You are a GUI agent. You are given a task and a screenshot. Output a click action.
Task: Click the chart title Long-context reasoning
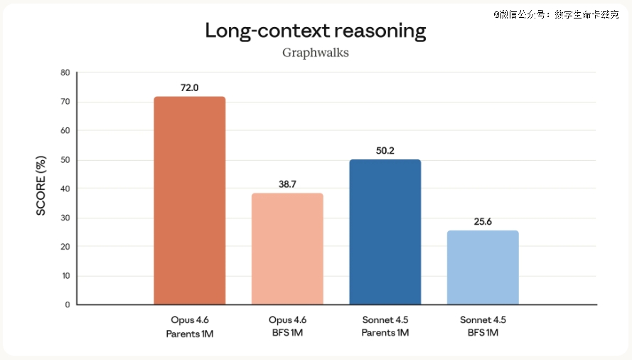point(316,31)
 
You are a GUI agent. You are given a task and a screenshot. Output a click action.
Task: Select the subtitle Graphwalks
point(316,53)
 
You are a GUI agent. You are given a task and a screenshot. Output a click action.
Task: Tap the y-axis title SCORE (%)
point(41,189)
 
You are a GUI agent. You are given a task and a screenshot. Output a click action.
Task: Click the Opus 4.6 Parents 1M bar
point(190,201)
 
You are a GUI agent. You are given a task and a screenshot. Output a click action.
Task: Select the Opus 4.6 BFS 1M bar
point(287,249)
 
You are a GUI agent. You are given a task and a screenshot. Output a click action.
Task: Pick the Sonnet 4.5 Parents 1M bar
point(385,232)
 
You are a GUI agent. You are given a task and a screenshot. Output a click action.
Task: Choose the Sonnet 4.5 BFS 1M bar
point(483,268)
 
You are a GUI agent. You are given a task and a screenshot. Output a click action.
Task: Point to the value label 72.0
point(190,88)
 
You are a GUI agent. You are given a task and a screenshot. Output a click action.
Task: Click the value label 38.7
point(287,184)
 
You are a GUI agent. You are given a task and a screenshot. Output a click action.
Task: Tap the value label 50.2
point(385,151)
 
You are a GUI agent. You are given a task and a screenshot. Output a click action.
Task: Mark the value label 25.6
point(483,222)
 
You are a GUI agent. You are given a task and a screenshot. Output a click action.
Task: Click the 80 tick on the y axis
point(65,73)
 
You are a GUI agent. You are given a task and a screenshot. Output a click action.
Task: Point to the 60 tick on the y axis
point(65,131)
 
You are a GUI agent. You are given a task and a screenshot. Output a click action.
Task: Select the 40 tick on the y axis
point(65,189)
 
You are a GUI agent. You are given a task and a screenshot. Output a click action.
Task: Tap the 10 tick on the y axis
point(65,276)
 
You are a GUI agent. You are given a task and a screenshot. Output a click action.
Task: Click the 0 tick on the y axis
point(68,305)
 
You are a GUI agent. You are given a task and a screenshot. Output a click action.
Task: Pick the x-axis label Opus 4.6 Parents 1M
point(190,326)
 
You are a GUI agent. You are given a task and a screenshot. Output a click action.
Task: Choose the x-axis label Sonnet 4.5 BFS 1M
point(483,326)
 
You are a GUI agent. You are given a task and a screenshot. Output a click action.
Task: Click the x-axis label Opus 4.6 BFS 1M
point(287,326)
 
